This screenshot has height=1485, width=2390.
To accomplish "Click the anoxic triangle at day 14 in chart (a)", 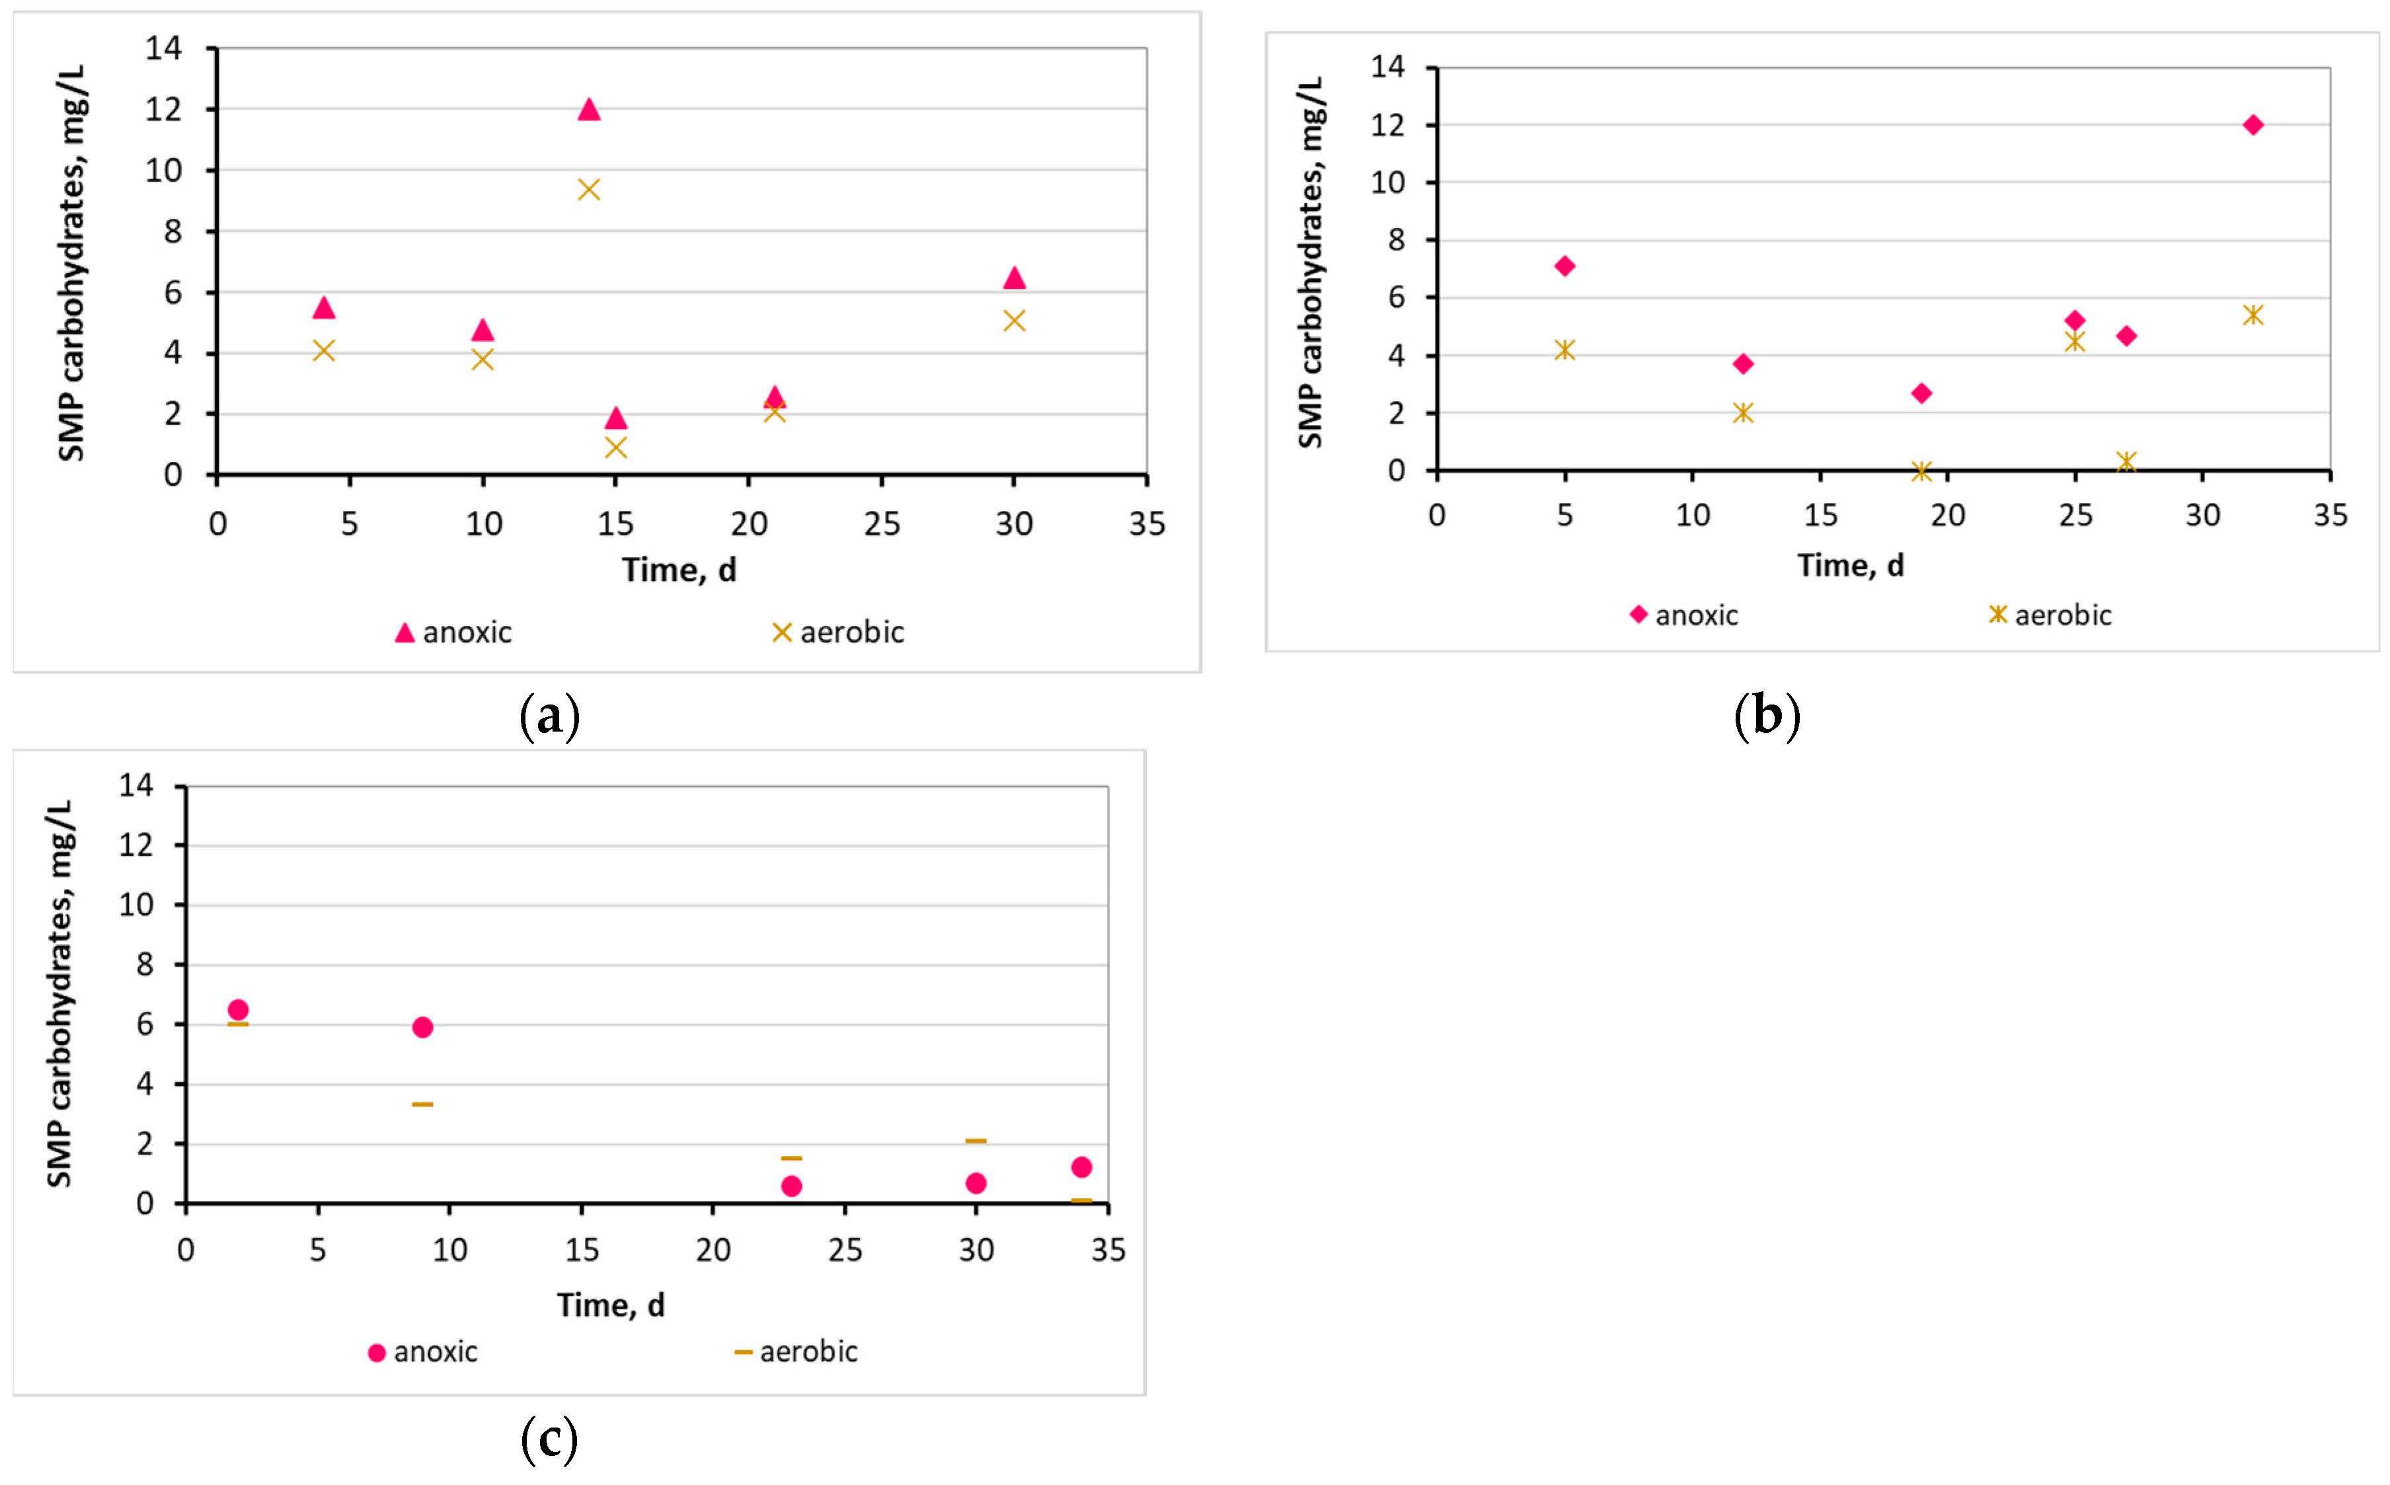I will coord(588,110).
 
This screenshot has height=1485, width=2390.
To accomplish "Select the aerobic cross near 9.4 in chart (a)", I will coord(588,190).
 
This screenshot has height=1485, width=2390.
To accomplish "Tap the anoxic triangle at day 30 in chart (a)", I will coord(1015,279).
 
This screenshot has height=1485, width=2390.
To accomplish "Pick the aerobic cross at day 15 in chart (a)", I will coord(615,448).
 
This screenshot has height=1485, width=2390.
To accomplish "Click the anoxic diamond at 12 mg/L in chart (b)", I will coord(2253,125).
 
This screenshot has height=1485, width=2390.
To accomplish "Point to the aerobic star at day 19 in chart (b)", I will coord(1921,471).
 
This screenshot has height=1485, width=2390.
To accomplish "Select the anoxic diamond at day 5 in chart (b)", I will coord(1565,266).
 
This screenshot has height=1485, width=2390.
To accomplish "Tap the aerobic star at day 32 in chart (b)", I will coord(2253,315).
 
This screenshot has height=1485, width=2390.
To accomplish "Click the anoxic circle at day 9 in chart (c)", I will coord(422,1027).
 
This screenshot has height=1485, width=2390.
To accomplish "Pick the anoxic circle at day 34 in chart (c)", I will coord(1081,1167).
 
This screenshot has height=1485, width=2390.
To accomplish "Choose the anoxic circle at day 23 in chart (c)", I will coord(791,1186).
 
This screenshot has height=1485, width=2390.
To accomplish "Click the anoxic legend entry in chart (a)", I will coord(453,632).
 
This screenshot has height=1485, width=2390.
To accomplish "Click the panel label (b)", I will coord(1767,716).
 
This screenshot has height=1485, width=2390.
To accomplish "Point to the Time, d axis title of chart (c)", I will coord(611,1305).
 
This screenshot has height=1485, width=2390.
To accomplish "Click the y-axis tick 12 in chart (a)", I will coord(164,110).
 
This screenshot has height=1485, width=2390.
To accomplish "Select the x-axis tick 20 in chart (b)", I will coord(1948,515).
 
